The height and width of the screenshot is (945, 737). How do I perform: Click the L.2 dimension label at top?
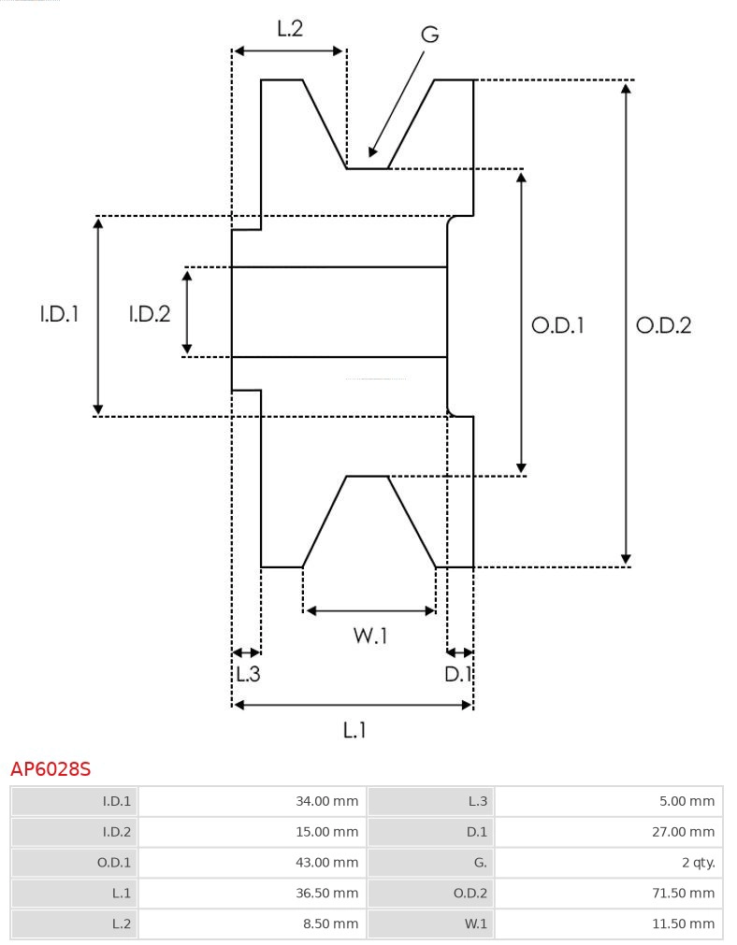pyautogui.click(x=290, y=29)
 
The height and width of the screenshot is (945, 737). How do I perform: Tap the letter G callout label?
pyautogui.click(x=429, y=35)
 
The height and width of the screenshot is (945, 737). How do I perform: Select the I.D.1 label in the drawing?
pyautogui.click(x=59, y=315)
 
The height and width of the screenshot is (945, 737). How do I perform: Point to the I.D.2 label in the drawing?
pyautogui.click(x=150, y=315)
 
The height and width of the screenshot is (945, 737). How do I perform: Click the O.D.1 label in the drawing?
pyautogui.click(x=557, y=325)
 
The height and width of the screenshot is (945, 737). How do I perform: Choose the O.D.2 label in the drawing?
pyautogui.click(x=663, y=325)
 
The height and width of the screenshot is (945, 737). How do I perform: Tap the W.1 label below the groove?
pyautogui.click(x=369, y=637)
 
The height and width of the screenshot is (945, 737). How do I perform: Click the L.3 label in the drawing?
pyautogui.click(x=247, y=673)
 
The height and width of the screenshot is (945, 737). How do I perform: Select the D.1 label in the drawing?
pyautogui.click(x=458, y=673)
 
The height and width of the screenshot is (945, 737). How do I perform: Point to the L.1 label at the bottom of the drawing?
pyautogui.click(x=354, y=729)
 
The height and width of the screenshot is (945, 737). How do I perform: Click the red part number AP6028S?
pyautogui.click(x=51, y=769)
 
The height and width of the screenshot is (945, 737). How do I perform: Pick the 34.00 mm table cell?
pyautogui.click(x=253, y=801)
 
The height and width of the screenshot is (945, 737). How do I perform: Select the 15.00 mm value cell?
pyautogui.click(x=253, y=832)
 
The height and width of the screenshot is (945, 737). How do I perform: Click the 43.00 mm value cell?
pyautogui.click(x=253, y=863)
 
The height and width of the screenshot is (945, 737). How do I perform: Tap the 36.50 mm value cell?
pyautogui.click(x=253, y=894)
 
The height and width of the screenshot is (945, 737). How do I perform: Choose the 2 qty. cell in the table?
pyautogui.click(x=608, y=863)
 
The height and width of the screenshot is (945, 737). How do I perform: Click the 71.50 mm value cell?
pyautogui.click(x=608, y=894)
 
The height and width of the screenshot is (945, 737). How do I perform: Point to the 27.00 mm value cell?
pyautogui.click(x=608, y=832)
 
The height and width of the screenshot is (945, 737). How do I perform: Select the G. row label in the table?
pyautogui.click(x=430, y=863)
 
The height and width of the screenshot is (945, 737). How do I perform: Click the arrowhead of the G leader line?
pyautogui.click(x=372, y=151)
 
